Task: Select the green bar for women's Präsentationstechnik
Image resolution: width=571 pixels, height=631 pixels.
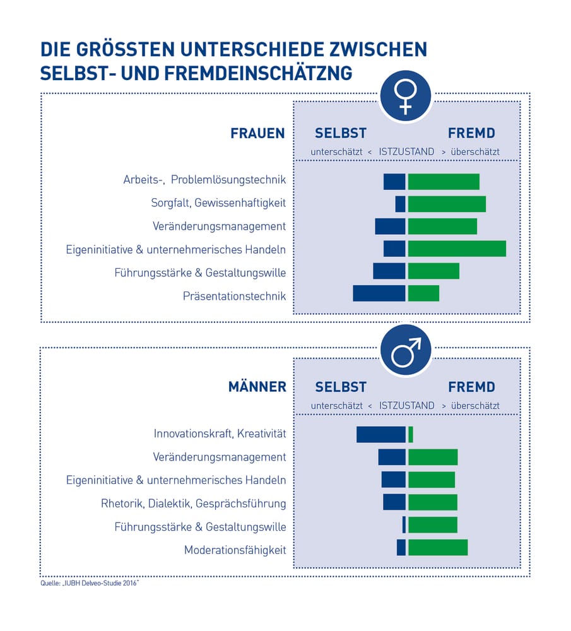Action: tap(423, 293)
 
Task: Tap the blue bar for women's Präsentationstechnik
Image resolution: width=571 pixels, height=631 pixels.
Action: tap(379, 293)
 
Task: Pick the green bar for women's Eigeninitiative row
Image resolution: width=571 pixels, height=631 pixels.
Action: tap(457, 249)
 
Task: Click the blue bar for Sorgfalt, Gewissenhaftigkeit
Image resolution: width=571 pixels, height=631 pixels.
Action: tap(400, 204)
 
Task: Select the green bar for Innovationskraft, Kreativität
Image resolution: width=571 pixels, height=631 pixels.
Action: tap(411, 435)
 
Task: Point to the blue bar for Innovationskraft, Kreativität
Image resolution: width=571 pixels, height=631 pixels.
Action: tap(381, 435)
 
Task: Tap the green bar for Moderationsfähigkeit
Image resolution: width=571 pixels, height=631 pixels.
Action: tap(438, 548)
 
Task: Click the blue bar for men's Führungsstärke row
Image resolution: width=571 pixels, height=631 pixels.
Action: tap(404, 525)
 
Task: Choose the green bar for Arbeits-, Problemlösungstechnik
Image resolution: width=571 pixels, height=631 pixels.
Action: tap(444, 181)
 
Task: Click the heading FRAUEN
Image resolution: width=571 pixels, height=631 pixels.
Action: tap(257, 134)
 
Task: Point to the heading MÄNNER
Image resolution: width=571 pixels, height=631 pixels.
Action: tap(257, 387)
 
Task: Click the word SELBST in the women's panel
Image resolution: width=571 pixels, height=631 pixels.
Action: tap(341, 134)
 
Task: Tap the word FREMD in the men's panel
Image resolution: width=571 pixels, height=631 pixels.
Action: tap(472, 387)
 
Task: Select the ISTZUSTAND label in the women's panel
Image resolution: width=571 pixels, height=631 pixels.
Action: tap(406, 152)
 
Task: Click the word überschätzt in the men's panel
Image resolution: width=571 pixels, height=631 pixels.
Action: tap(475, 406)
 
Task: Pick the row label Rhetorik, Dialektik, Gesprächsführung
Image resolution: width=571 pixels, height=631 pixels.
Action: tap(193, 504)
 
